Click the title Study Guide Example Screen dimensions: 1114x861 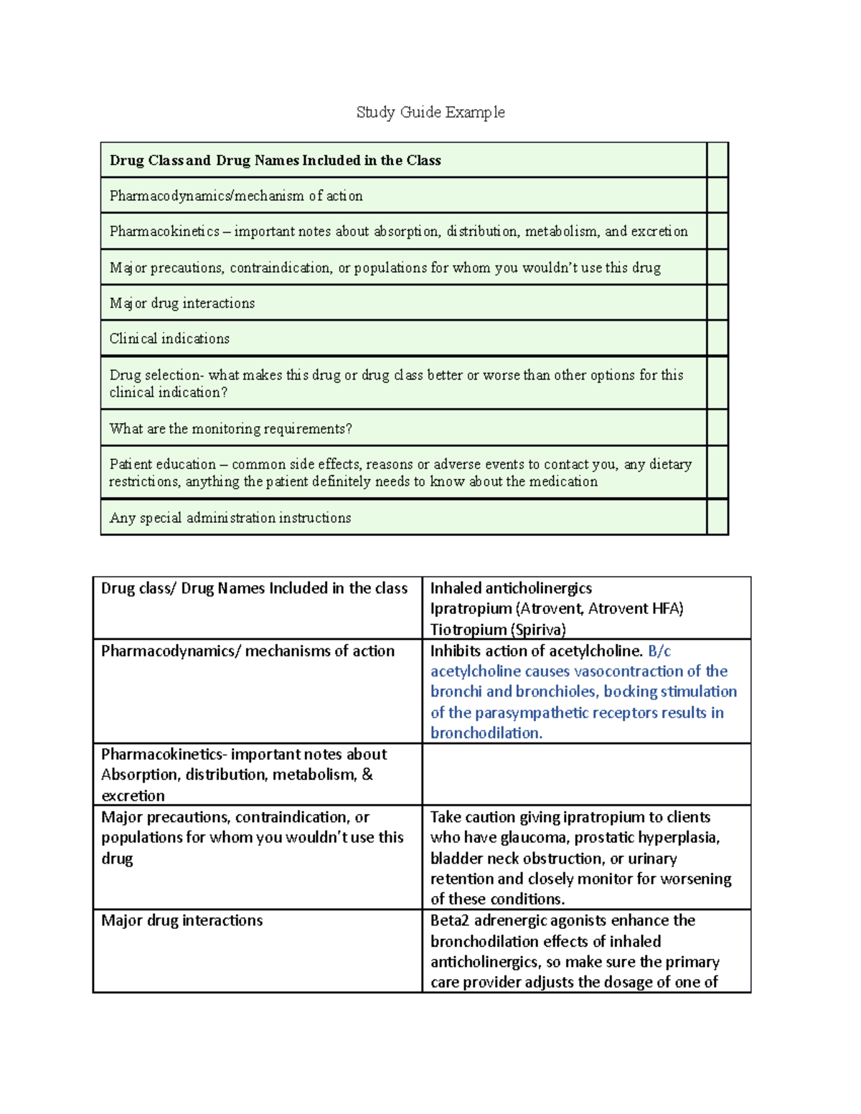[430, 112]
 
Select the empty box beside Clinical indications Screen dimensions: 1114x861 [717, 338]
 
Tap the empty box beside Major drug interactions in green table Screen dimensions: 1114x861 [717, 303]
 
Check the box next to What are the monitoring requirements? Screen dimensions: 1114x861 [717, 428]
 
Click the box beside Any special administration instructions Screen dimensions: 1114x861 [717, 517]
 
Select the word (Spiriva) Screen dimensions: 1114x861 [538, 629]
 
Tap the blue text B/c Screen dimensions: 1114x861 [659, 651]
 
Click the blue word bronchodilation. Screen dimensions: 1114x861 [486, 733]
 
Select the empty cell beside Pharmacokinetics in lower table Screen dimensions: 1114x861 [585, 774]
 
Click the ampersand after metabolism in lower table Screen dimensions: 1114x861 [367, 775]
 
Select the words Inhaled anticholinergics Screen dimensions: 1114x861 [511, 588]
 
